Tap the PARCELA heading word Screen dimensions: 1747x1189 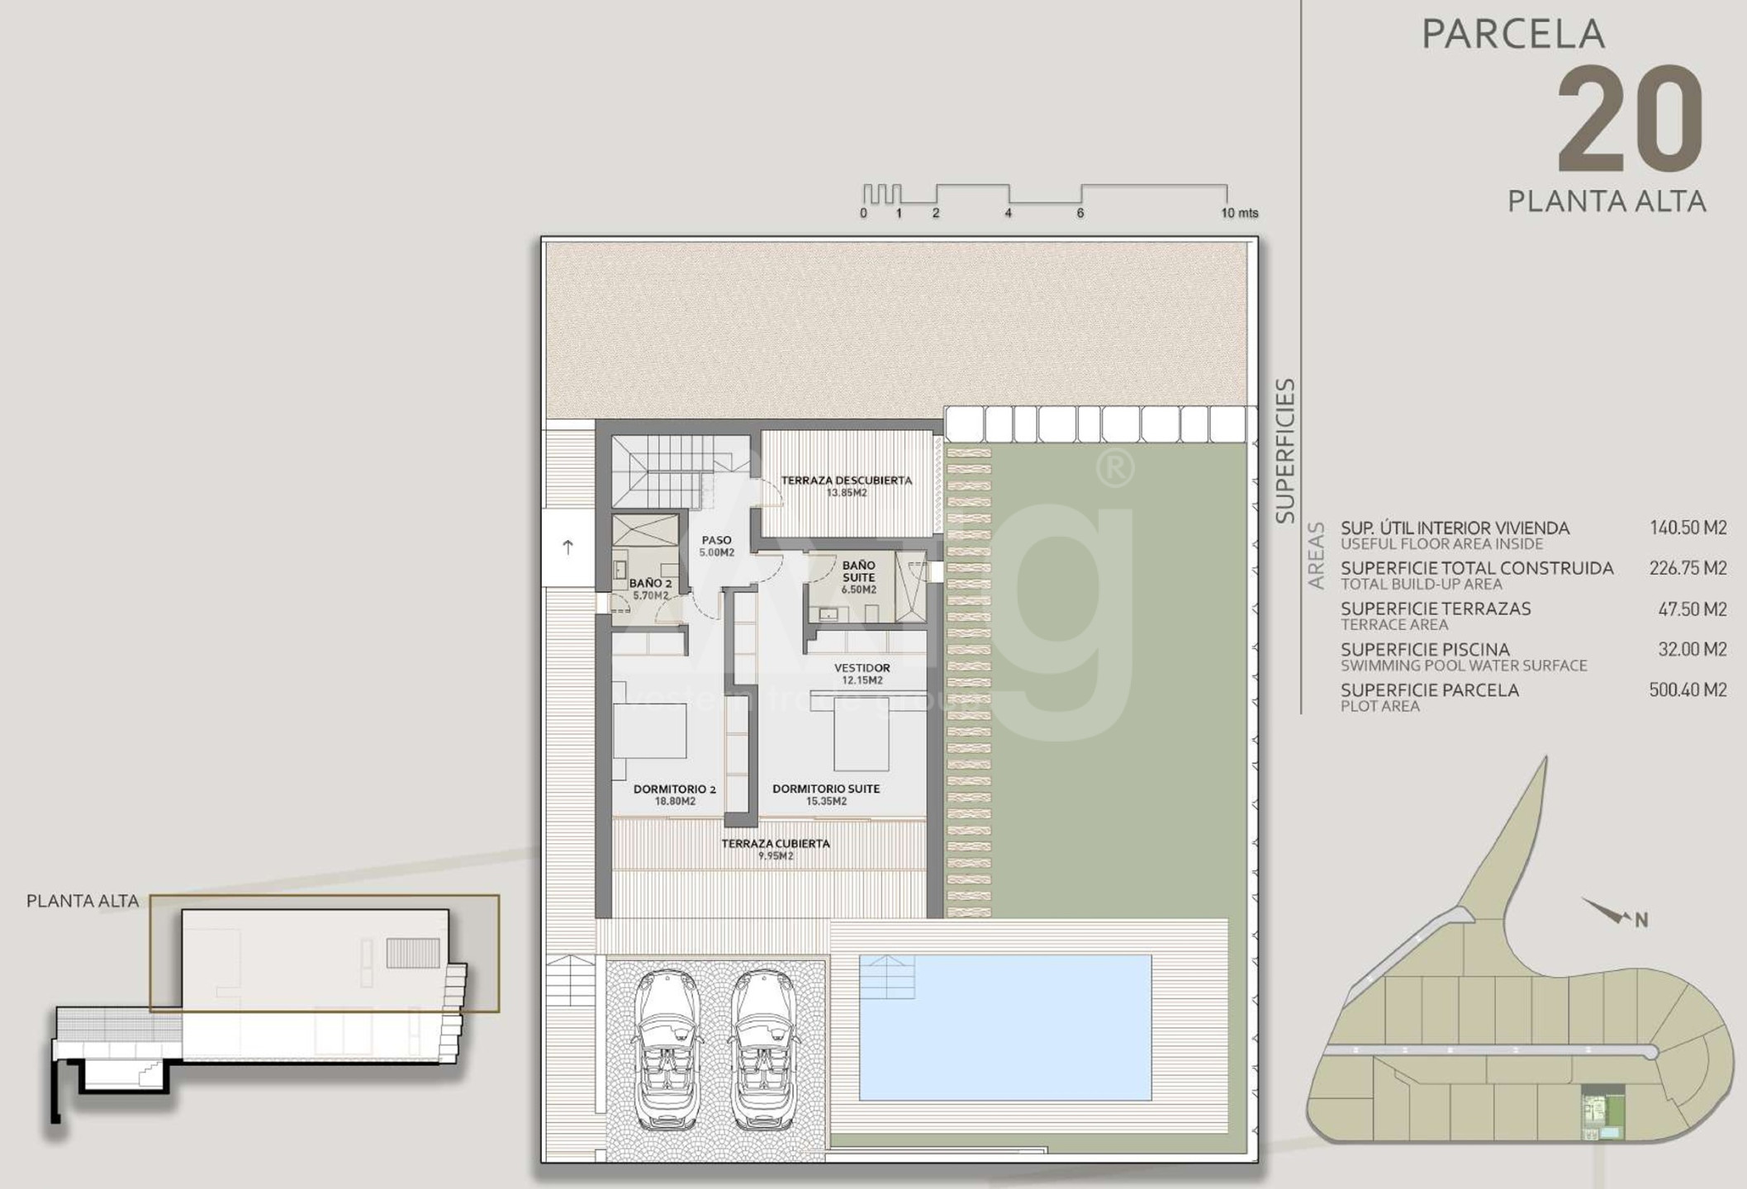pos(1513,35)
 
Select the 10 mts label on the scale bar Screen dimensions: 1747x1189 pos(1240,213)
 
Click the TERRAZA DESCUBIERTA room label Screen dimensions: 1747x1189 pos(847,486)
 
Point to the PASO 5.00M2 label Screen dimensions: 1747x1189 pos(716,546)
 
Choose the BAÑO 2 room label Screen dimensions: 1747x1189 pos(650,589)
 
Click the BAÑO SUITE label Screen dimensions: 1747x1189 pos(859,577)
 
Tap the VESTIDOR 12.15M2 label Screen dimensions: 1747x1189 pos(862,674)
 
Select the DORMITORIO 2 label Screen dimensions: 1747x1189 pos(675,794)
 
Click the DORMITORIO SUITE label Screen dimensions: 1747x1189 pos(826,794)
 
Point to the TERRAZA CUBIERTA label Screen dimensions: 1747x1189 pos(776,850)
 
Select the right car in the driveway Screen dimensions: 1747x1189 pos(763,1049)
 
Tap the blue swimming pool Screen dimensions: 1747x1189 pos(1005,1028)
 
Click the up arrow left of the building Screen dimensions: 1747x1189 pos(568,547)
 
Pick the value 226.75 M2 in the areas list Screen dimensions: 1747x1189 pos(1688,568)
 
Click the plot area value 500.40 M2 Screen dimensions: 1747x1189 pos(1688,689)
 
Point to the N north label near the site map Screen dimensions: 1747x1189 pos(1641,920)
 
